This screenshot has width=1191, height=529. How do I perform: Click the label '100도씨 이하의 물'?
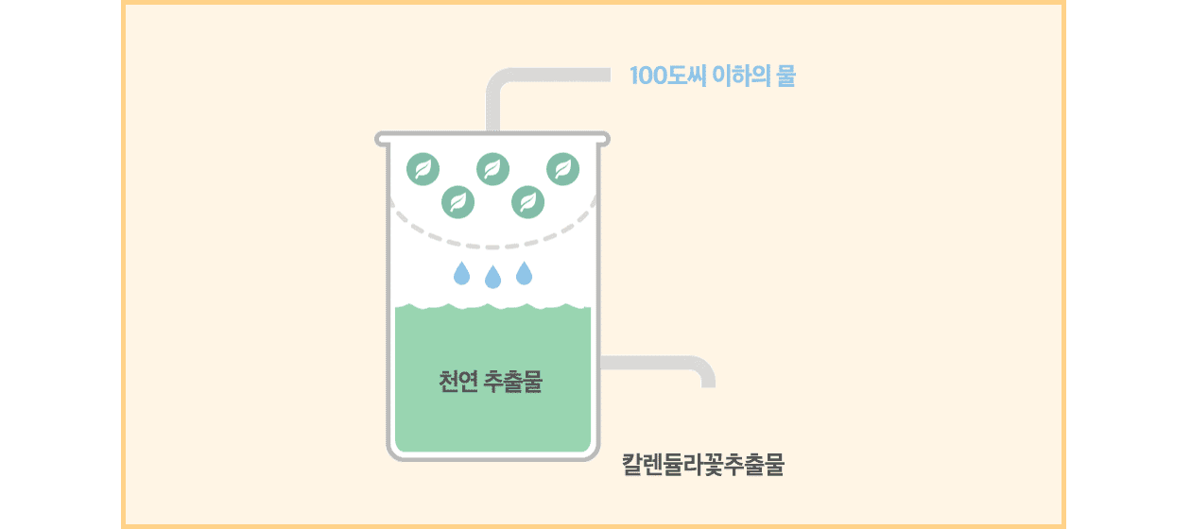712,77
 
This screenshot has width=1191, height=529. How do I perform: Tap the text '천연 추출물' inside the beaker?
491,384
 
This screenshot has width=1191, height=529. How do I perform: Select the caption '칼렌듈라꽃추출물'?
703,466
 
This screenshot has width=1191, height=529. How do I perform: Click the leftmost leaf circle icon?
423,169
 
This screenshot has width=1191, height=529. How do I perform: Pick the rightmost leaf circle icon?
563,169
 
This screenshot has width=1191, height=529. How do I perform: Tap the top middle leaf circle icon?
492,169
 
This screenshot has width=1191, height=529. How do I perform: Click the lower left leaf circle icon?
458,200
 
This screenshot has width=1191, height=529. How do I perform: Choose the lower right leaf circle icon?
527,200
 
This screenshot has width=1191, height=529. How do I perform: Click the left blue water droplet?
461,274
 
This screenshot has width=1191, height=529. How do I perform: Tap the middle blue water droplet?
492,278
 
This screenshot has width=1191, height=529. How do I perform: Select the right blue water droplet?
524,274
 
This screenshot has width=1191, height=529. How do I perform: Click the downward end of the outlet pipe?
707,380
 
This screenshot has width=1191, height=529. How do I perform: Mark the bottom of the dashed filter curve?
492,246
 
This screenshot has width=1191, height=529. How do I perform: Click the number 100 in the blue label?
648,77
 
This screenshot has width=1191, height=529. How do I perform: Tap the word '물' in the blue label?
785,77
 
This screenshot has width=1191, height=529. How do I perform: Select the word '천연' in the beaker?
457,384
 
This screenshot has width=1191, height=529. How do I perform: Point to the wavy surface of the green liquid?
492,307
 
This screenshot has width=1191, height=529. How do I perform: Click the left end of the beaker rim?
380,139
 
